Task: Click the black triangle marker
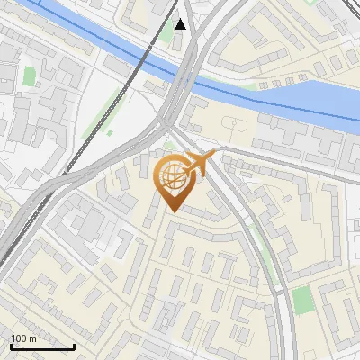coord(182,24)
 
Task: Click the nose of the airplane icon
coord(214,156)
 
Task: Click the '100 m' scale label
coord(22,338)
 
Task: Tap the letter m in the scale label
coord(32,338)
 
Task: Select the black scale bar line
coord(41,346)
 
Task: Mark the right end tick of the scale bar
coord(74,345)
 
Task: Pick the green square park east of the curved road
coord(304,300)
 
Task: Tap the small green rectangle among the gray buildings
coord(30,77)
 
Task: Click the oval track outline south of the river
coord(232,124)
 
